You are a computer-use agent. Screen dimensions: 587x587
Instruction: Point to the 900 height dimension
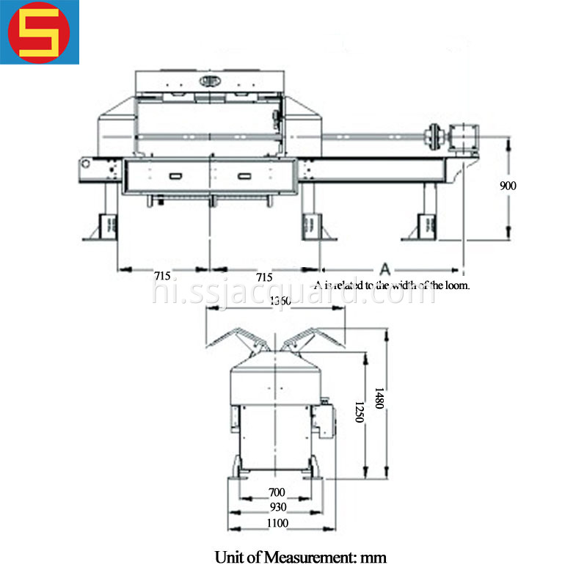tap(508, 186)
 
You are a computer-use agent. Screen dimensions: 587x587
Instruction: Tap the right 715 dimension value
tap(264, 277)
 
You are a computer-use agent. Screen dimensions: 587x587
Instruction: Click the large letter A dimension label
tap(384, 266)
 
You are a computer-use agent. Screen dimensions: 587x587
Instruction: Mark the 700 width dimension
tap(277, 492)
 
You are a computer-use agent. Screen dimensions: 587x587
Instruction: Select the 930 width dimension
tap(277, 507)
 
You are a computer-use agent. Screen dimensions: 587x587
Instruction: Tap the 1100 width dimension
tap(277, 523)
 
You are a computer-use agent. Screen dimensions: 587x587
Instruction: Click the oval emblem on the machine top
tap(209, 80)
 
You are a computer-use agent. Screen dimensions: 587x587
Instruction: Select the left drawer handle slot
tap(176, 176)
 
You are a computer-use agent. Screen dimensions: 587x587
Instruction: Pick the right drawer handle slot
tap(243, 176)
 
